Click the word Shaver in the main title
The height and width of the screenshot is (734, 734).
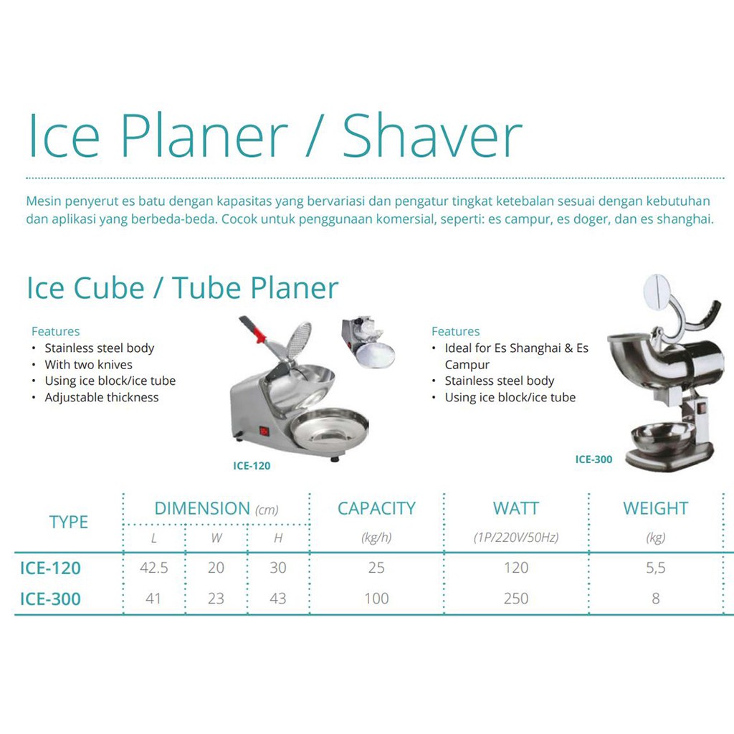[432, 135]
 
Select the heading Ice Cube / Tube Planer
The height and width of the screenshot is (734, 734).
[183, 287]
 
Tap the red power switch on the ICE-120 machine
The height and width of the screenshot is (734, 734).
[264, 431]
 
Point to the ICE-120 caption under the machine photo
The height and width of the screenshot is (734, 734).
[252, 466]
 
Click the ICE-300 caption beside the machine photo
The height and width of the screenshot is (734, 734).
[594, 459]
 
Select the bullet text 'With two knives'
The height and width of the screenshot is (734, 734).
[88, 365]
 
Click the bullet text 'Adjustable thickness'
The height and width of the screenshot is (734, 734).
[102, 397]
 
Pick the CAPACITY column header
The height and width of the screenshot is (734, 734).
[377, 508]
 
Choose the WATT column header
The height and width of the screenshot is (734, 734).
[516, 508]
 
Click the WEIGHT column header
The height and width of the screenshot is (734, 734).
[655, 508]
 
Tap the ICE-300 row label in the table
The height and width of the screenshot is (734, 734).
[50, 599]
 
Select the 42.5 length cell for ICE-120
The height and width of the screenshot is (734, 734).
[154, 568]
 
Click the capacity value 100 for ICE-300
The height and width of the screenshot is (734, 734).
[376, 599]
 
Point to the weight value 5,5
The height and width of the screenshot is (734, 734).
[655, 568]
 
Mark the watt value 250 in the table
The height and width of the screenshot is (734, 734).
[516, 599]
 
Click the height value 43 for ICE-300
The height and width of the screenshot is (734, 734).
[278, 599]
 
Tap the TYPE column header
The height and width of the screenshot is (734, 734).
[69, 522]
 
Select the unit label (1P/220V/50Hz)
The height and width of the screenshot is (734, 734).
[516, 538]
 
